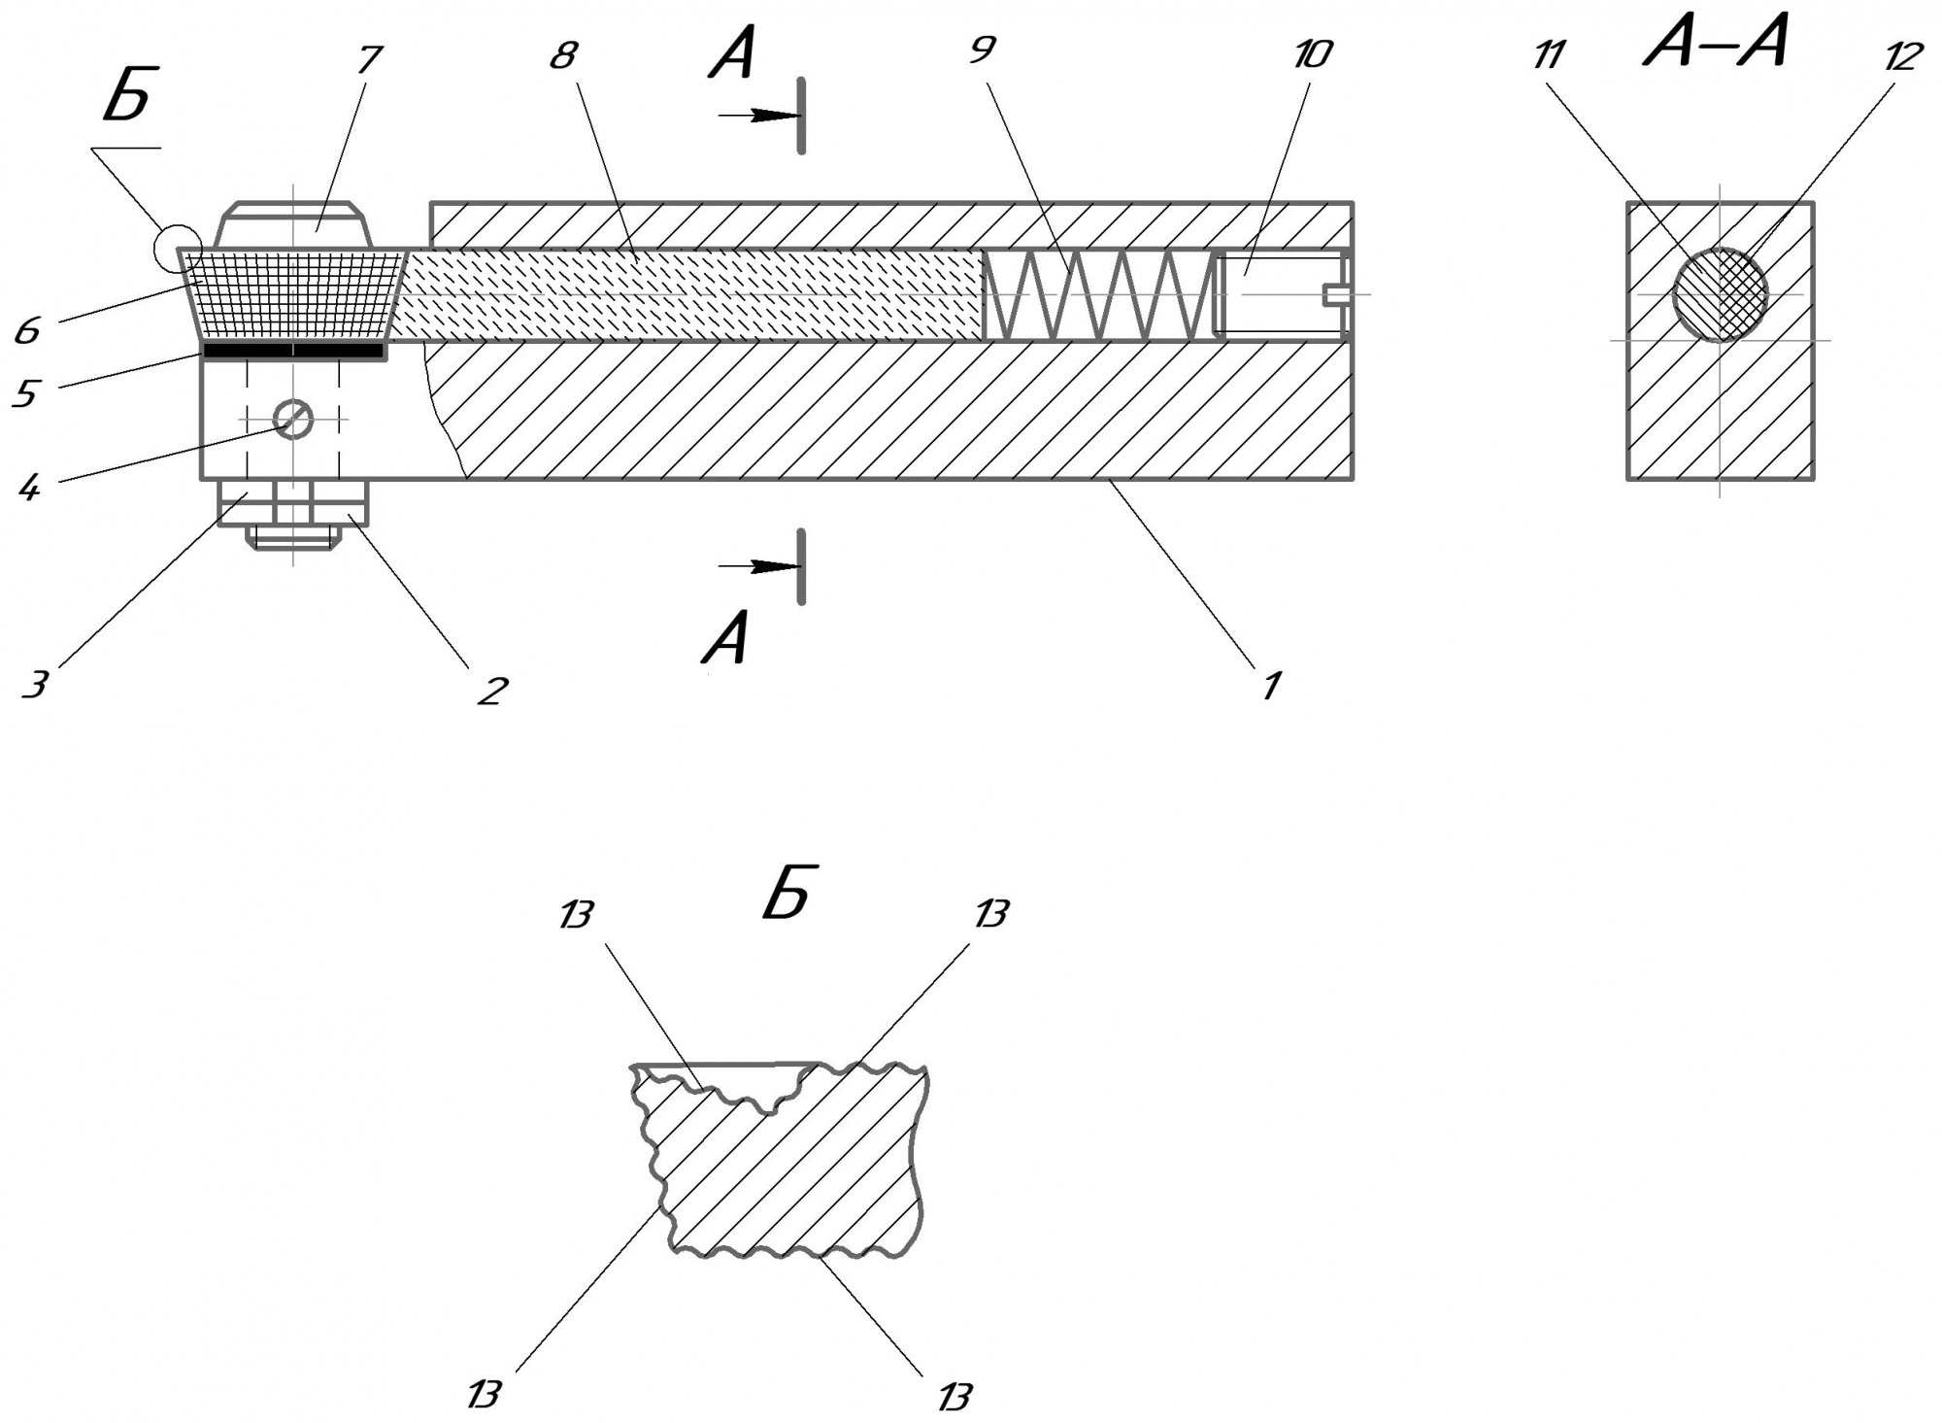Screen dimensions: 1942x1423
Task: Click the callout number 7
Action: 367,59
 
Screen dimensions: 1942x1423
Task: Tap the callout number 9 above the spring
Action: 983,49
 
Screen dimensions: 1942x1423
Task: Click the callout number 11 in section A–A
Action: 1548,55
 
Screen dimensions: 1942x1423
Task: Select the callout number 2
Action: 491,691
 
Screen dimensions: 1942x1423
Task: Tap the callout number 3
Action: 34,685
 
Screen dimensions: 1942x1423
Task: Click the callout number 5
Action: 24,393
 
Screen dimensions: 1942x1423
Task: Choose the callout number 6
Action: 26,330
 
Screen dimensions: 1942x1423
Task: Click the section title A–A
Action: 1716,44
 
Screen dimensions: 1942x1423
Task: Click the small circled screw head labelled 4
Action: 293,419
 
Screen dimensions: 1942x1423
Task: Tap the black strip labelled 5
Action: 293,350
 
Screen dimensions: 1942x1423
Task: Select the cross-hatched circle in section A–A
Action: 1720,294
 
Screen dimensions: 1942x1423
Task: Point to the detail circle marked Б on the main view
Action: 178,248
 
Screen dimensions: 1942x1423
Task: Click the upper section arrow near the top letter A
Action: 758,116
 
